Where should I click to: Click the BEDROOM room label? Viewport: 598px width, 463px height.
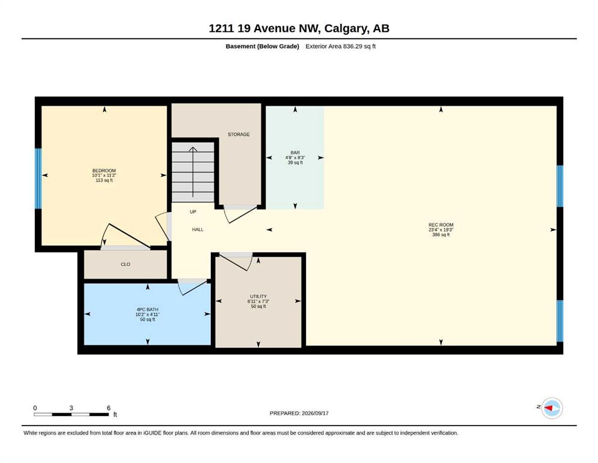(104, 171)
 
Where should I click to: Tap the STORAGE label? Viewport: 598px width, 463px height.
(238, 134)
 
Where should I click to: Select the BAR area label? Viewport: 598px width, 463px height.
(295, 153)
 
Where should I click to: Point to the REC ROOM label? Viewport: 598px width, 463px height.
(441, 225)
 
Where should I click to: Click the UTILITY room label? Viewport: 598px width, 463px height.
(258, 296)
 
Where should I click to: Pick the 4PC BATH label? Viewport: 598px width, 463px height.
(147, 309)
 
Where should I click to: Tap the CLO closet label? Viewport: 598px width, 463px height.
(125, 264)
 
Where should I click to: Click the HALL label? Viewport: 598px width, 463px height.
(198, 230)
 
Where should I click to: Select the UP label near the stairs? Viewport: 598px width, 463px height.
(193, 212)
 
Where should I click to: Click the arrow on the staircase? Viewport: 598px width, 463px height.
(193, 172)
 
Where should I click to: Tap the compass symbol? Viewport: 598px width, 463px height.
(552, 408)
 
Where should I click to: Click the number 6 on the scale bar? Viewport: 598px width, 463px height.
(108, 408)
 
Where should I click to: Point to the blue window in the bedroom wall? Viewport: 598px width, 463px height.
(38, 178)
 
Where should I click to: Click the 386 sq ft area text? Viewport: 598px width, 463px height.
(441, 235)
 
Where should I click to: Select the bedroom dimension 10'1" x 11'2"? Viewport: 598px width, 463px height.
(104, 175)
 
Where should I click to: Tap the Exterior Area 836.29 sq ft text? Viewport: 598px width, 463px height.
(341, 46)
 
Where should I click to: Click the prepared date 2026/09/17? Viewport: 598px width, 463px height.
(315, 413)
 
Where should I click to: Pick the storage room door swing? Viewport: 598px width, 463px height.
(240, 214)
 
